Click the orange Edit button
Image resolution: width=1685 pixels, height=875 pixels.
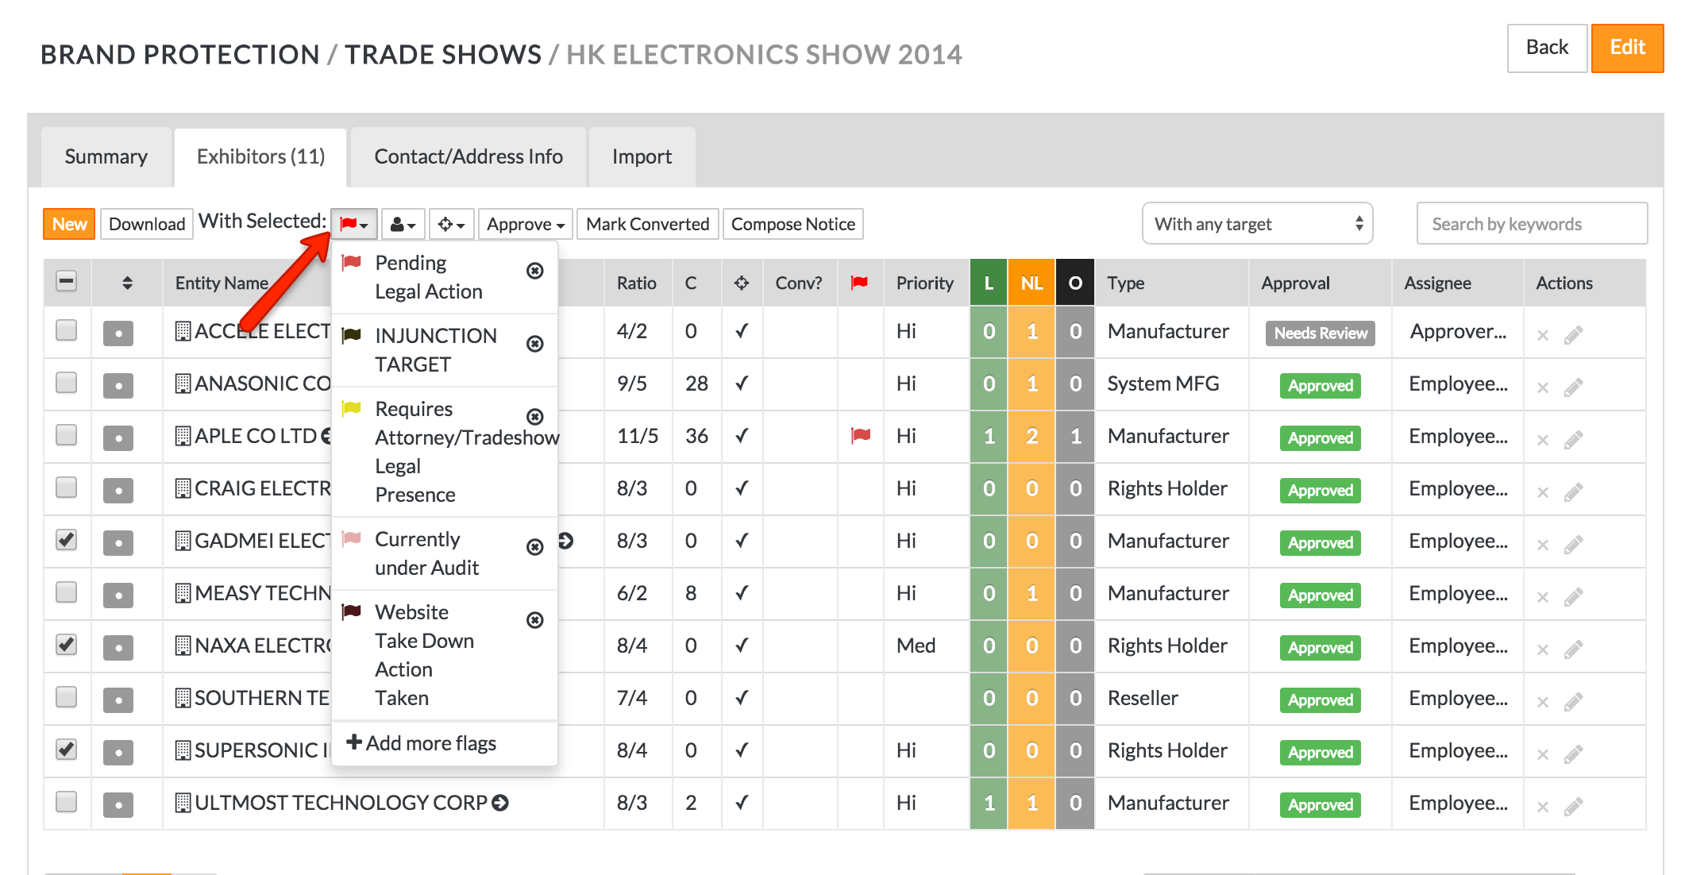[x=1626, y=48]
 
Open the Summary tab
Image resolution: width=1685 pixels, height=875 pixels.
[x=106, y=156]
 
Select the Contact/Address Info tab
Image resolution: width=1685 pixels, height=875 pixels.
[x=468, y=156]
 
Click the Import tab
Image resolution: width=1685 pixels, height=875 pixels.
[x=642, y=156]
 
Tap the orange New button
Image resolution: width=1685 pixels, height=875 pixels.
[x=69, y=224]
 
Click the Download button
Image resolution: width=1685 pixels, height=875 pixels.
[x=147, y=224]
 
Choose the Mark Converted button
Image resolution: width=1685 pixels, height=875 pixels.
[x=647, y=224]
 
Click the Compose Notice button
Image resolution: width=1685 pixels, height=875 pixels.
[x=792, y=224]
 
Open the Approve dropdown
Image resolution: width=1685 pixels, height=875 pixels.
[x=525, y=224]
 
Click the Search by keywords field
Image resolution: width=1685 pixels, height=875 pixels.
[x=1531, y=224]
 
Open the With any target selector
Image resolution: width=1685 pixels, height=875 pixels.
[x=1257, y=224]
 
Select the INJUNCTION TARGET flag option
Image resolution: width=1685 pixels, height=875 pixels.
[x=435, y=349]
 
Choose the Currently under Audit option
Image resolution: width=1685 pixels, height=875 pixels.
[x=426, y=553]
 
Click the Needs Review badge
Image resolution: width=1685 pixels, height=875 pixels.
[x=1320, y=333]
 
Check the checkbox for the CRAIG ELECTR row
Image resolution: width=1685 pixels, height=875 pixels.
[x=67, y=488]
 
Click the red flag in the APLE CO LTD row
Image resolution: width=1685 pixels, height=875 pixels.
[x=861, y=435]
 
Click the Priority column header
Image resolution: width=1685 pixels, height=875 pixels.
[x=924, y=283]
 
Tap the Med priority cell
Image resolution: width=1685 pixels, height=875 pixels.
[x=916, y=646]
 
